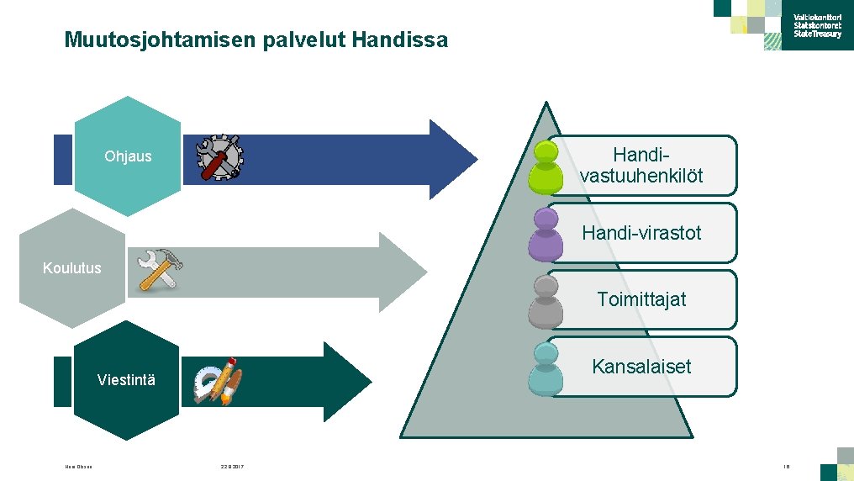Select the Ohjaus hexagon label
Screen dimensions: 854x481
128,156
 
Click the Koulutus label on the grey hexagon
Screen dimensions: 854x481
72,268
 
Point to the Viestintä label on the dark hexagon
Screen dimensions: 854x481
126,380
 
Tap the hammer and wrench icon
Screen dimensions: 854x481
160,269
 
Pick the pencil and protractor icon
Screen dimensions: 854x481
218,383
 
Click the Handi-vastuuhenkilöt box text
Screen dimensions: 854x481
641,166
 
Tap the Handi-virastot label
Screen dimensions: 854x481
641,233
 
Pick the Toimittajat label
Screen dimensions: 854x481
641,299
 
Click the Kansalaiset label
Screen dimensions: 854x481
641,367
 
